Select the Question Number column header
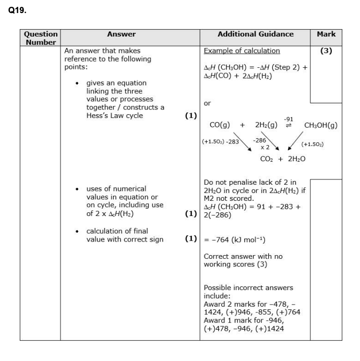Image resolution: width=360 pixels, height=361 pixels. coord(41,38)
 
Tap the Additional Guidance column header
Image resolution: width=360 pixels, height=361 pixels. coord(255,34)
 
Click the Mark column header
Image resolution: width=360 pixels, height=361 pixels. coord(326,34)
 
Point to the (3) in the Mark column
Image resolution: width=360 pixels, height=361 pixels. coord(326,51)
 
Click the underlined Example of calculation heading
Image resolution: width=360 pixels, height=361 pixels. coord(242,51)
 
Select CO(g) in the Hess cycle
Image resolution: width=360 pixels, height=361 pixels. coord(220,125)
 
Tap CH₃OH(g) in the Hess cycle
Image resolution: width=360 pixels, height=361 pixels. coord(320,125)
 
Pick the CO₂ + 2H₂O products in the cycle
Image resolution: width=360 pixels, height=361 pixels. coord(282,159)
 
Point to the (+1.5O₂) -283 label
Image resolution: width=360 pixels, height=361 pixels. coord(220,141)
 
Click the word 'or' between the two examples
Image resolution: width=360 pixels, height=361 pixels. coord(207,103)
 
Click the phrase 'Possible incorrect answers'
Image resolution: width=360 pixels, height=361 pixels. coord(248,288)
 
